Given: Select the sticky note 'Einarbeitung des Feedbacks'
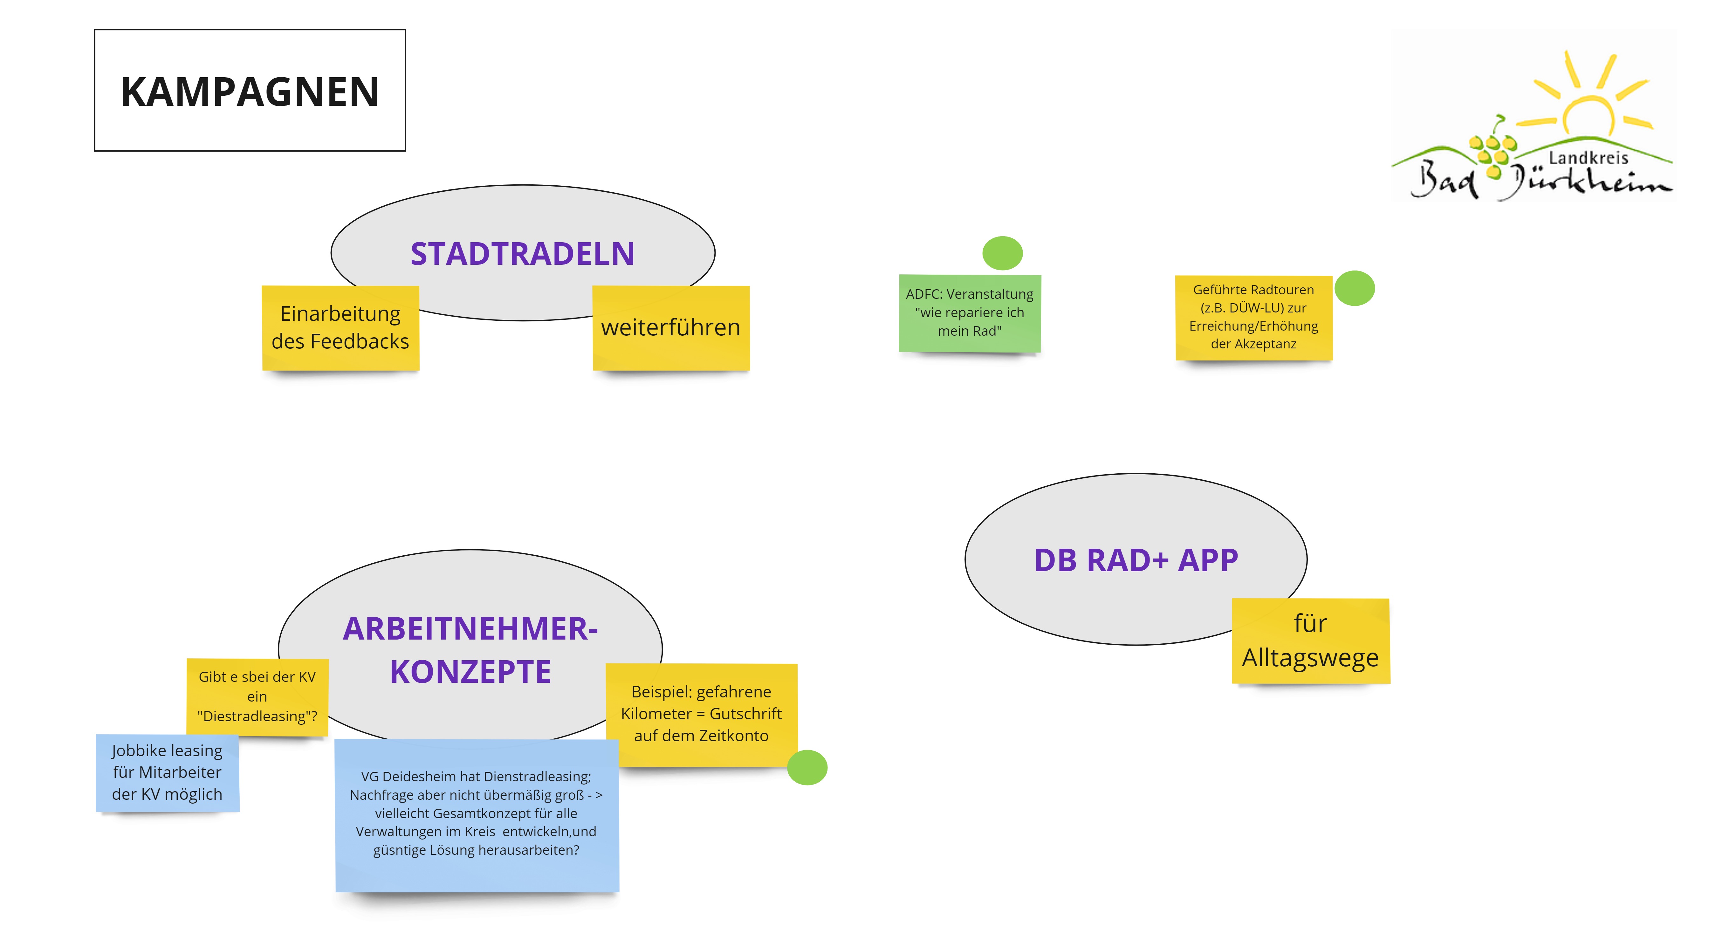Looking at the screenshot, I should (340, 328).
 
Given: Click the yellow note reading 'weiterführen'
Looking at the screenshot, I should (671, 328).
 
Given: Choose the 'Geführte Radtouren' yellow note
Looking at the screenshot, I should (1253, 317).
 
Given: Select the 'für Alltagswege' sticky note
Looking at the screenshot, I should (1310, 641).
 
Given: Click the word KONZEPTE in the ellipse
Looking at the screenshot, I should (470, 671).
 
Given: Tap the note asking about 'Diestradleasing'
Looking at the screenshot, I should (257, 696).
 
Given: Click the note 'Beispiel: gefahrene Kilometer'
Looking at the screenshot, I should (701, 714).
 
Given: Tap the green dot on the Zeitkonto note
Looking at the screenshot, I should (807, 768).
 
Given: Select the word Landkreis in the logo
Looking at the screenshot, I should (1588, 158).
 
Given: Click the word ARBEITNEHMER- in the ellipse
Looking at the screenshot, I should (470, 629).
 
